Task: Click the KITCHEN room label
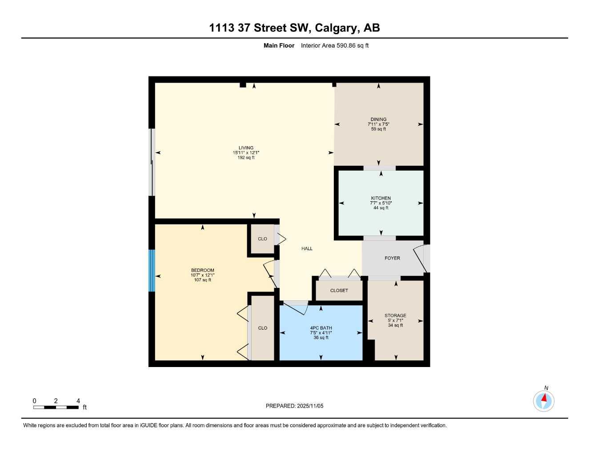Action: coord(381,198)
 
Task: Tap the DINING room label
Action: coord(378,119)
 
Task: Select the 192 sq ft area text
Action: coord(246,158)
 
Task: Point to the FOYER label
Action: coord(392,258)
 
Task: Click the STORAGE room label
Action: coord(395,315)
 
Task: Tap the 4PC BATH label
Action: coord(321,328)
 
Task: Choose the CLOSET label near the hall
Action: coord(339,291)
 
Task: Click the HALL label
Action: coord(307,249)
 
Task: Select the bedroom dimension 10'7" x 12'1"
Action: coord(203,275)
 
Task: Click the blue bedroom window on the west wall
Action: coord(152,271)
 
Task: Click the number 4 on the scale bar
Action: coord(78,401)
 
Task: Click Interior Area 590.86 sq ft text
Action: coord(335,45)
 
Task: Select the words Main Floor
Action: coord(279,45)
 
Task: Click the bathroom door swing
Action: coord(295,306)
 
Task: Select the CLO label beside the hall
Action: coord(263,239)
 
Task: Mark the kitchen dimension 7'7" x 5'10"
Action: coord(381,203)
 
